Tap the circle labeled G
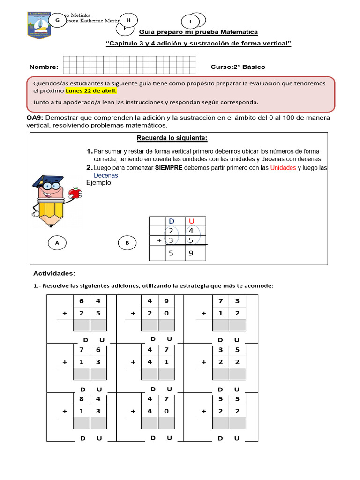click(x=57, y=20)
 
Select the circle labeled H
click(x=128, y=19)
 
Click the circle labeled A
click(x=57, y=243)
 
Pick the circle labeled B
click(x=127, y=243)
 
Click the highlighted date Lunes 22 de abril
click(x=91, y=91)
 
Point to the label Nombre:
click(x=44, y=67)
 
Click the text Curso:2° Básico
click(x=238, y=67)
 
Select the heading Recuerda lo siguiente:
click(x=172, y=138)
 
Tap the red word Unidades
click(x=283, y=168)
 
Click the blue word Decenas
click(x=106, y=175)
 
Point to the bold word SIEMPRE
click(x=168, y=168)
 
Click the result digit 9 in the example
click(x=191, y=254)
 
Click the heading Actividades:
click(x=54, y=273)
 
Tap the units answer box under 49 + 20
click(x=166, y=325)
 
